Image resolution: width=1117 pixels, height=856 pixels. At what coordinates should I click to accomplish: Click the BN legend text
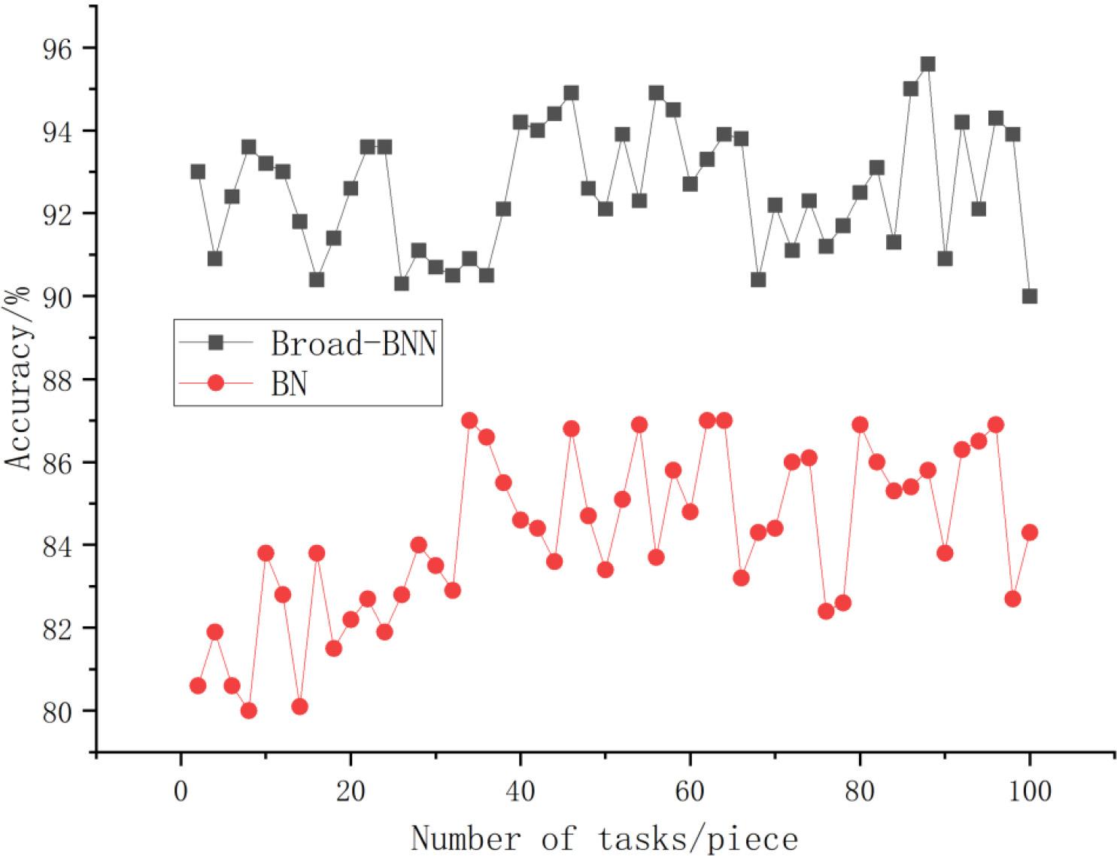tap(288, 384)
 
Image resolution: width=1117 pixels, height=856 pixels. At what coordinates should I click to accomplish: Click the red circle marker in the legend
tap(215, 383)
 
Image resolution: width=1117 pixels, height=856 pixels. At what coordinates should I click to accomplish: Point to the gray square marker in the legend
tap(215, 343)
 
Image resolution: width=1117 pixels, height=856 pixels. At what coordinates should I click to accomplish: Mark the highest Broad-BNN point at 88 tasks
tap(927, 64)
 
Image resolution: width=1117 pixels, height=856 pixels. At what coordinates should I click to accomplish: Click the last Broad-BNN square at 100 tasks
tap(1030, 296)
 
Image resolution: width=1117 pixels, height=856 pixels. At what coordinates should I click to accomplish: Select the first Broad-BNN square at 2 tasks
tap(198, 172)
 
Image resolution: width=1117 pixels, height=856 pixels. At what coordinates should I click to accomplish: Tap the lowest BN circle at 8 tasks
tap(249, 711)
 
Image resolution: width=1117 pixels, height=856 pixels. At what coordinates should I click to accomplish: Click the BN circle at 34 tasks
tap(469, 420)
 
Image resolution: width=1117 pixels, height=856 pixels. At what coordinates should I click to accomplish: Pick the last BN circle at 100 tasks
tap(1030, 532)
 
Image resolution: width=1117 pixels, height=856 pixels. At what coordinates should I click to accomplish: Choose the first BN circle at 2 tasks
tap(198, 685)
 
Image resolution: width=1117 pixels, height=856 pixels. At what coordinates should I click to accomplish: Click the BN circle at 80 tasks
tap(860, 425)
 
